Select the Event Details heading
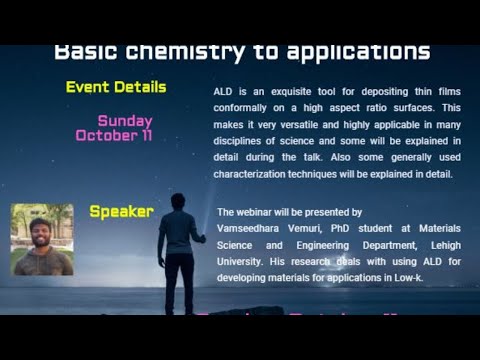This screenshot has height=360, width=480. point(116,87)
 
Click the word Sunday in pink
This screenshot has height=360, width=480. point(125,121)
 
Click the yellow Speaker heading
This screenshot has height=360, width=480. point(121,211)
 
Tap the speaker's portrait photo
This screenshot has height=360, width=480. point(41,240)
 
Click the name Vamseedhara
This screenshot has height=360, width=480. point(250,229)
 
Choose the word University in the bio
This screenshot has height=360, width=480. point(242,261)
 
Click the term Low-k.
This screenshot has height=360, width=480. point(405,277)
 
